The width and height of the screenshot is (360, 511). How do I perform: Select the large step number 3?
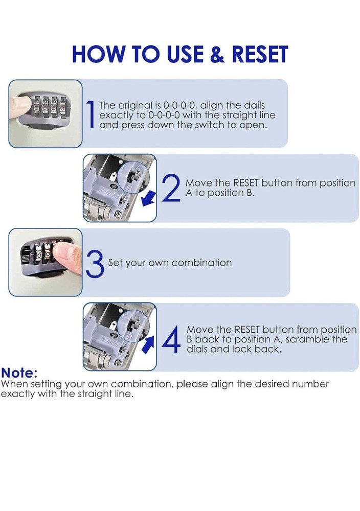(95, 263)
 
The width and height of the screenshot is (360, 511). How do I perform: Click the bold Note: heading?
(19, 373)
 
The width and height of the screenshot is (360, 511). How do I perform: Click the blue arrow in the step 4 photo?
(148, 343)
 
